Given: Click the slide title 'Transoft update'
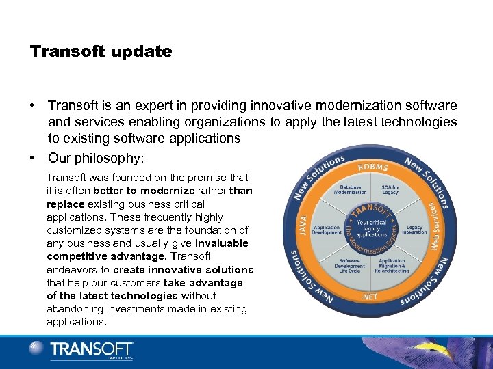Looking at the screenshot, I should tap(101, 52).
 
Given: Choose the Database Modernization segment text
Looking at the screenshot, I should tap(350, 189).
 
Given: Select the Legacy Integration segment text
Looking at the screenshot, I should tap(414, 229).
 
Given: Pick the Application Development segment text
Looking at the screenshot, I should tap(327, 229).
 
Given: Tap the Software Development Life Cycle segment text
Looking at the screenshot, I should tap(349, 267).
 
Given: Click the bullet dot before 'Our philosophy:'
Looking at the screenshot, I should tap(32, 158).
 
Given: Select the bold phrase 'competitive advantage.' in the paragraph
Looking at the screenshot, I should tap(107, 256).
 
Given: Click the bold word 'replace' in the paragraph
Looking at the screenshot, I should tap(66, 204).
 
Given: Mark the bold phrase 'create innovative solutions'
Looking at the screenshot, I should tap(189, 269).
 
